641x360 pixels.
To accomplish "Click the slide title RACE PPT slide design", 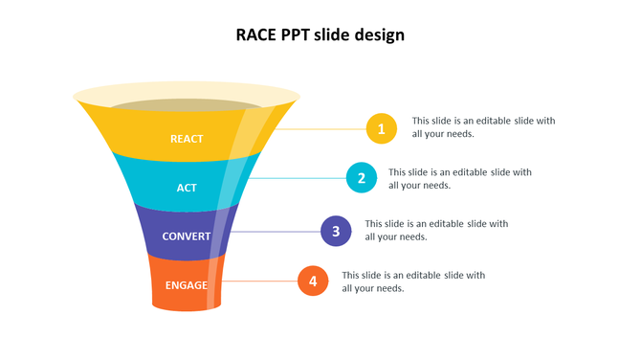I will [320, 35].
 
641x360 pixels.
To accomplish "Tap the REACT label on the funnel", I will [187, 139].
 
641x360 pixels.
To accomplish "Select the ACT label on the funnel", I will [187, 188].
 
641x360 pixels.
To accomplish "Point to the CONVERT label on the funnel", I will [187, 236].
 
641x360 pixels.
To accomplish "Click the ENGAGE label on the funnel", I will [187, 285].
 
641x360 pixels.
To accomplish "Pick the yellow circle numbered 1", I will [381, 128].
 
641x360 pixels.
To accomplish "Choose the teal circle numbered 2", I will [362, 177].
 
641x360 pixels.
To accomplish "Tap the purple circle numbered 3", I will [336, 231].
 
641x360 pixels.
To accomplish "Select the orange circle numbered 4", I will [313, 281].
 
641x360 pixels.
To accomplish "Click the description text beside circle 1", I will [483, 127].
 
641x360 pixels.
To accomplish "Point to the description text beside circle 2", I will [459, 178].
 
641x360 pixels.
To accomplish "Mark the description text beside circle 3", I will [436, 230].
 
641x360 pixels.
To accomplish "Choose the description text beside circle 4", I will [413, 281].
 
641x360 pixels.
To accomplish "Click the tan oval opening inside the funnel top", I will [187, 103].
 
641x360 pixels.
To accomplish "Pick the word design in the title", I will [379, 36].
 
